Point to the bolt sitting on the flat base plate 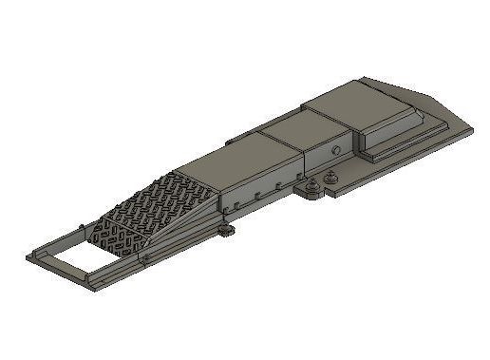(x=331, y=177)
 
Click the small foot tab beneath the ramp (x=226, y=231)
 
